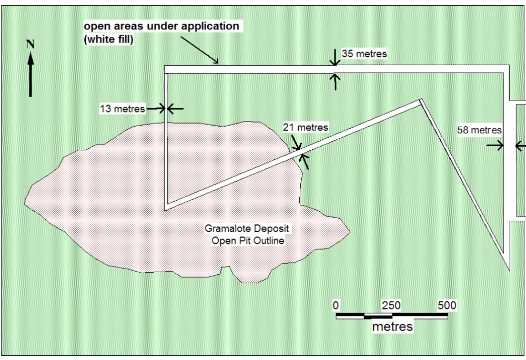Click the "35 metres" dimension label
[x=364, y=54]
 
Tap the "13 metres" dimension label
[x=123, y=109]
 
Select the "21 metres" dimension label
[x=305, y=127]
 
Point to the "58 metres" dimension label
[x=479, y=130]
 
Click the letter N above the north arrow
[x=30, y=44]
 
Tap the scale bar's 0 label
[x=336, y=305]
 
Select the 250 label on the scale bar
[x=391, y=305]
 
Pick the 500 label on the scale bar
[x=447, y=305]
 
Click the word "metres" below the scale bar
[x=392, y=326]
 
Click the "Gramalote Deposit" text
[x=247, y=229]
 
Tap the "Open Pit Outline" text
[x=248, y=241]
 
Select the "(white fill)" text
[x=109, y=39]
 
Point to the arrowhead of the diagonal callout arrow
[x=216, y=61]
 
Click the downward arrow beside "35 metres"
[x=335, y=57]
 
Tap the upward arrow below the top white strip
[x=335, y=82]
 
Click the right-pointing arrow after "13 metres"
[x=156, y=109]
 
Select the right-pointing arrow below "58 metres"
[x=495, y=146]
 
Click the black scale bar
[x=392, y=316]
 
